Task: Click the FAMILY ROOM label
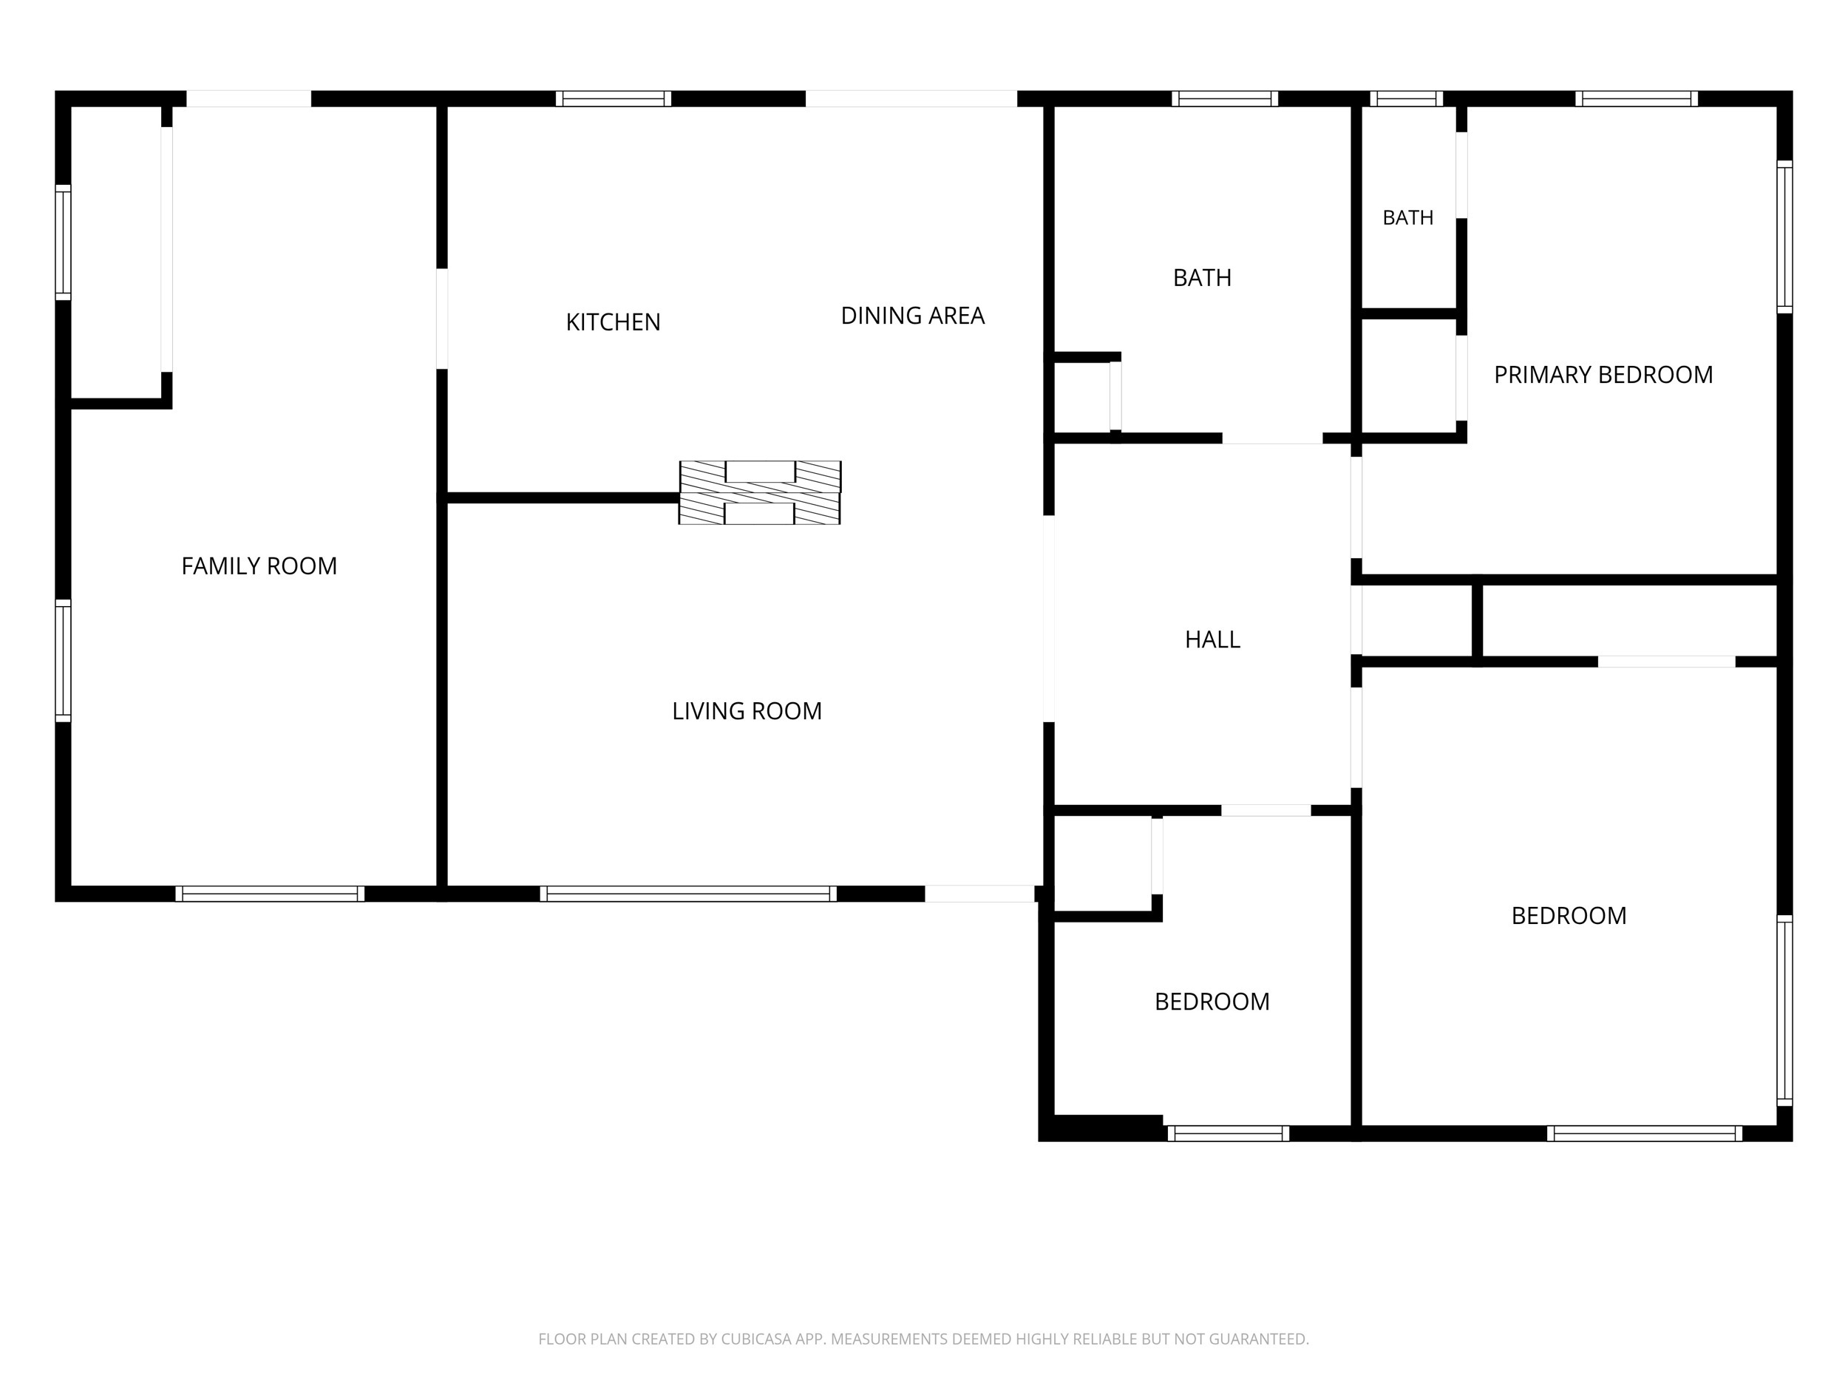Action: [x=259, y=566]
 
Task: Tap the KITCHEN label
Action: [x=614, y=322]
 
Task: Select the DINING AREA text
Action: [x=912, y=316]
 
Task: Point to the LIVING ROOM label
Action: [x=747, y=711]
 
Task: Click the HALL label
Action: [x=1212, y=640]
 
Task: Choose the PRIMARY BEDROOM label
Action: [x=1603, y=375]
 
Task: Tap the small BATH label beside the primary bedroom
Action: [x=1407, y=218]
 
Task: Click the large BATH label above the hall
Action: [x=1202, y=278]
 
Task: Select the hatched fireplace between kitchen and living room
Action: [x=759, y=493]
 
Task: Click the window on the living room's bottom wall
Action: [x=688, y=894]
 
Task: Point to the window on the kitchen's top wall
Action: [x=614, y=98]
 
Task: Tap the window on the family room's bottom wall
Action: [x=270, y=894]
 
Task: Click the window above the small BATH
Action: [x=1406, y=98]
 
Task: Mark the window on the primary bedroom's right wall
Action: [x=1784, y=237]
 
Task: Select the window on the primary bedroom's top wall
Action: [x=1637, y=98]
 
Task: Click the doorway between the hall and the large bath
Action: [x=1272, y=438]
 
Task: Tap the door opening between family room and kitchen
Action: [x=442, y=319]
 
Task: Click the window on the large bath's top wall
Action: [x=1225, y=98]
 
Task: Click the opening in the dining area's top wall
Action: [x=911, y=98]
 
